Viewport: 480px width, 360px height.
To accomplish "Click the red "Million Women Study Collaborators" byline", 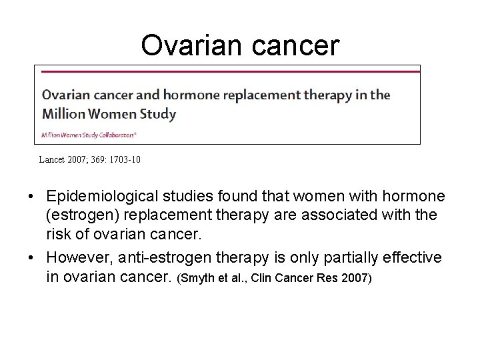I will click(x=89, y=134).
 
